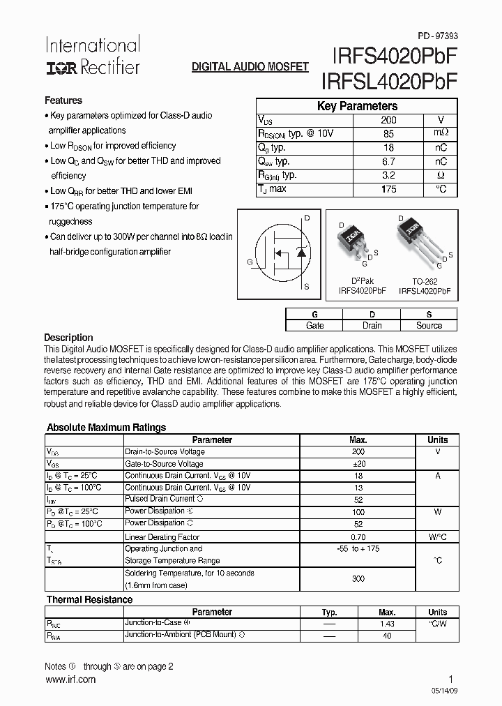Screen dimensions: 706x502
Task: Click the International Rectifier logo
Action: click(92, 56)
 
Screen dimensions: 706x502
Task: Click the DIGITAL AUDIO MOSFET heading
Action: click(250, 67)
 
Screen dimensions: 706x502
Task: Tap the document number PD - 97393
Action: click(438, 36)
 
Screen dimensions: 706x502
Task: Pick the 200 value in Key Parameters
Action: click(388, 120)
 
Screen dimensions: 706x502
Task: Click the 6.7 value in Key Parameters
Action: click(388, 161)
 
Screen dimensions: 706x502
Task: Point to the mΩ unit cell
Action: click(442, 133)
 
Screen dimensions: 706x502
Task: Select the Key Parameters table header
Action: click(357, 106)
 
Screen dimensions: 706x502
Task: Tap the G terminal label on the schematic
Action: click(250, 262)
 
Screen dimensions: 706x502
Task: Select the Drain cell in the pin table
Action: click(372, 325)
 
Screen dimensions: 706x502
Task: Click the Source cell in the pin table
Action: click(429, 325)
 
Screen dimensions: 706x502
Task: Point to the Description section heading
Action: click(68, 338)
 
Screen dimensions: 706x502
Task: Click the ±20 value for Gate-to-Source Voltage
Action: click(358, 463)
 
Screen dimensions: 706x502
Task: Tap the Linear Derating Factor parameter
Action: click(162, 537)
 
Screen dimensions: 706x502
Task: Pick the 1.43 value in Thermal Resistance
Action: click(387, 624)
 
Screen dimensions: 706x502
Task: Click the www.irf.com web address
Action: click(70, 679)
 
